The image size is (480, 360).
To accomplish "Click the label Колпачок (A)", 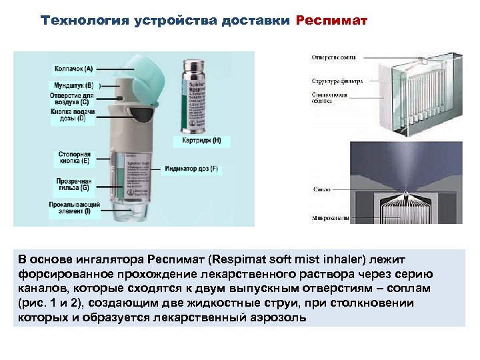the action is click(73, 68).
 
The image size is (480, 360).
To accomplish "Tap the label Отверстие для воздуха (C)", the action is click(74, 99).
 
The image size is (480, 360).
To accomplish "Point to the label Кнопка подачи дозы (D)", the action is click(73, 115).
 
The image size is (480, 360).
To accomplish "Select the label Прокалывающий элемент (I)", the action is click(74, 207).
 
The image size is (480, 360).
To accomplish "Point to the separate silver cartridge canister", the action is click(195, 93).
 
